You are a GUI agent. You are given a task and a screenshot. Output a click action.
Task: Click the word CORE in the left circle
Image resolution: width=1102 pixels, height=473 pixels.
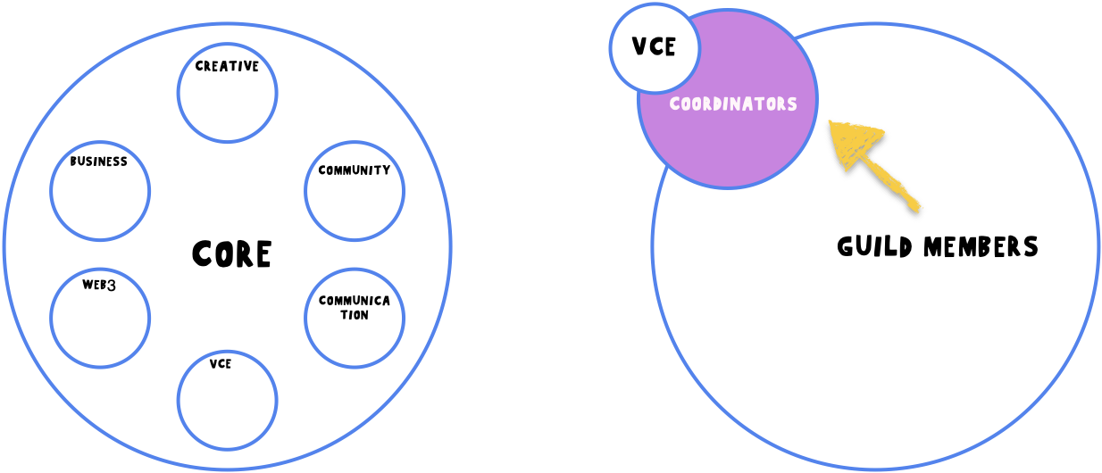click(x=231, y=254)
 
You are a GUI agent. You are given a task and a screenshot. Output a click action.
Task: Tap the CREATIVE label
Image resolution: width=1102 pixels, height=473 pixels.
click(x=227, y=66)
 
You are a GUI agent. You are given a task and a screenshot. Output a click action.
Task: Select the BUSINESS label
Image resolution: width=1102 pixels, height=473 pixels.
click(x=99, y=162)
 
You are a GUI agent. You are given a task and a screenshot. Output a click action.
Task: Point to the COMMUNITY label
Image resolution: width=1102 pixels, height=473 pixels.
click(x=355, y=170)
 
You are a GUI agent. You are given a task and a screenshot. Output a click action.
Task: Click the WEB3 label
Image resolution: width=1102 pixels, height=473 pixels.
click(x=100, y=286)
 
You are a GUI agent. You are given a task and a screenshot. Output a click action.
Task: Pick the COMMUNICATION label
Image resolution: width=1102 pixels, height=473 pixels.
click(x=355, y=307)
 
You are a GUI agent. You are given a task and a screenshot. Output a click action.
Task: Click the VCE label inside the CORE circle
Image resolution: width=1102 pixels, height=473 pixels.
click(x=221, y=364)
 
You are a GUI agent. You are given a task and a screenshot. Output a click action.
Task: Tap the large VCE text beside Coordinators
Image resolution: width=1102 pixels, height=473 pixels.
click(x=654, y=46)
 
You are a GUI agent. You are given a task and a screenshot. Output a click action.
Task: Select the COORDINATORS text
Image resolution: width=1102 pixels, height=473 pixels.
click(x=733, y=104)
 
